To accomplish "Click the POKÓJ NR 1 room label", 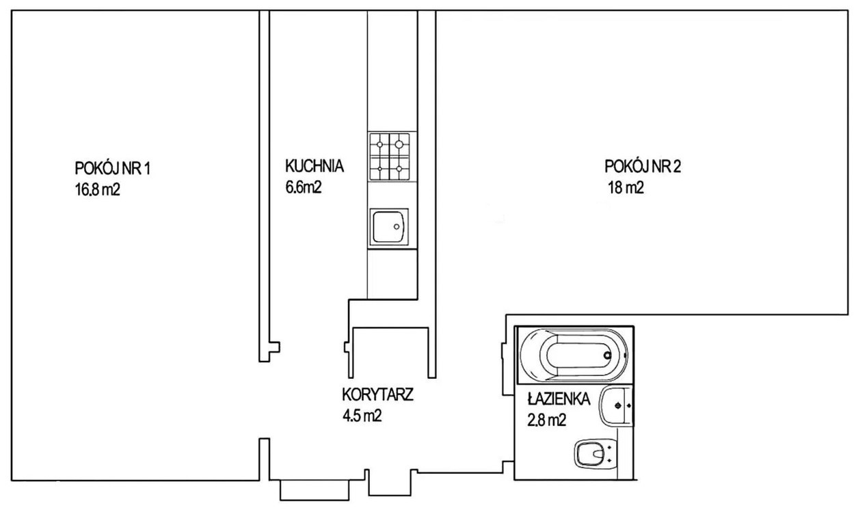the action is click(112, 168).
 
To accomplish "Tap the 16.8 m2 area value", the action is click(98, 189).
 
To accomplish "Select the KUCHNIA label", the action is click(314, 166).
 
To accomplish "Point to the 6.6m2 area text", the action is click(304, 187).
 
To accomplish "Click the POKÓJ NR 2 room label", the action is click(643, 166).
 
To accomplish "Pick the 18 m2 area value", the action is click(626, 187).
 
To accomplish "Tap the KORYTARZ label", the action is click(377, 394).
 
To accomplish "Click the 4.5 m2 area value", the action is click(362, 416).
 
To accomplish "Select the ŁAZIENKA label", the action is click(559, 399).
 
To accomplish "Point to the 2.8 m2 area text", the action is click(546, 420).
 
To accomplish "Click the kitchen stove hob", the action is click(390, 157).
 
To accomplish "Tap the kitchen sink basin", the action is click(389, 227).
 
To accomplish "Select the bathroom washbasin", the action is click(615, 406).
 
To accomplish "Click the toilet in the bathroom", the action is click(596, 455).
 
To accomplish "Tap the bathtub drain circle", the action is click(607, 355).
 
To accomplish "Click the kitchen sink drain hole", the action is click(397, 227).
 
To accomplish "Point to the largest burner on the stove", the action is click(399, 144).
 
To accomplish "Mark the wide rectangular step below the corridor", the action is click(315, 490).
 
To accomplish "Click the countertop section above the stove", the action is click(392, 70).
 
